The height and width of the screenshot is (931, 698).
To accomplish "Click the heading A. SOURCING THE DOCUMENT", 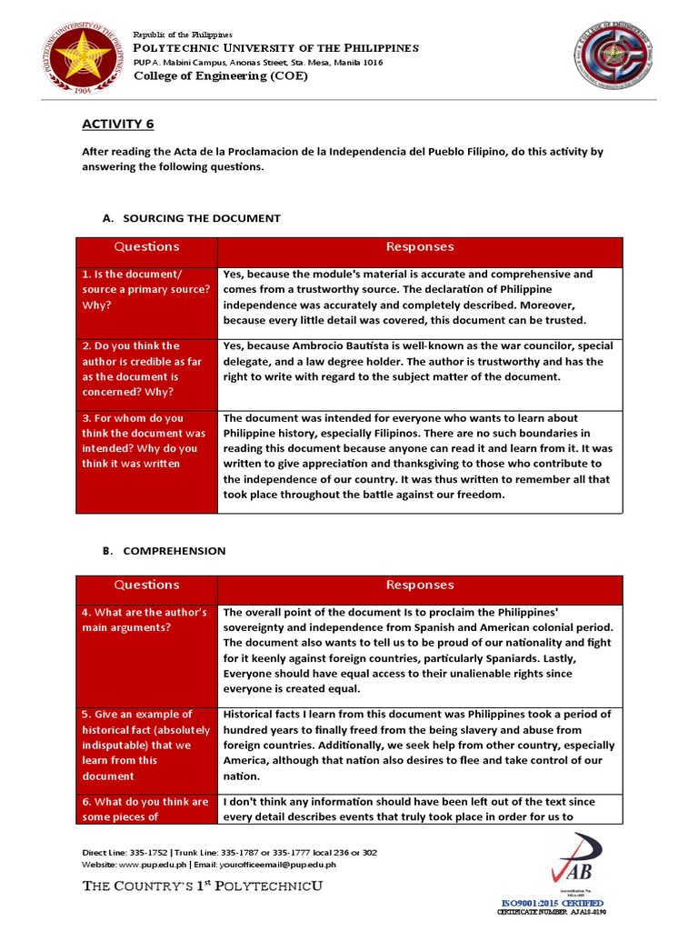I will pyautogui.click(x=192, y=218).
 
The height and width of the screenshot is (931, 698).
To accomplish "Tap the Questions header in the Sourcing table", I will pyautogui.click(x=146, y=246).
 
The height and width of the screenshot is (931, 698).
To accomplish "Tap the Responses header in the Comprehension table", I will pyautogui.click(x=420, y=585).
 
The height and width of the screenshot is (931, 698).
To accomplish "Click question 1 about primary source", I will pyautogui.click(x=146, y=289).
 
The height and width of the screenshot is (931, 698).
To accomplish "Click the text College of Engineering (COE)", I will pyautogui.click(x=221, y=76).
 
